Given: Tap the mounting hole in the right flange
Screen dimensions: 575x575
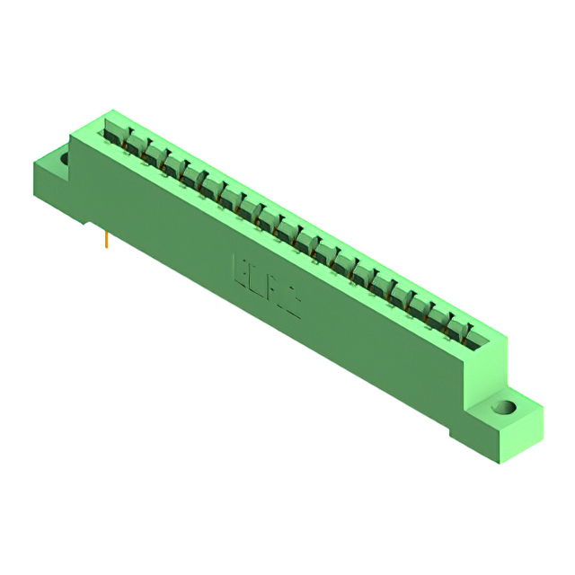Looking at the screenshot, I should pyautogui.click(x=507, y=408).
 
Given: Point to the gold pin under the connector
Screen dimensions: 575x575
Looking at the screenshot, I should pyautogui.click(x=107, y=239).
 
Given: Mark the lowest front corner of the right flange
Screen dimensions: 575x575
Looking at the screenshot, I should pyautogui.click(x=497, y=462).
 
